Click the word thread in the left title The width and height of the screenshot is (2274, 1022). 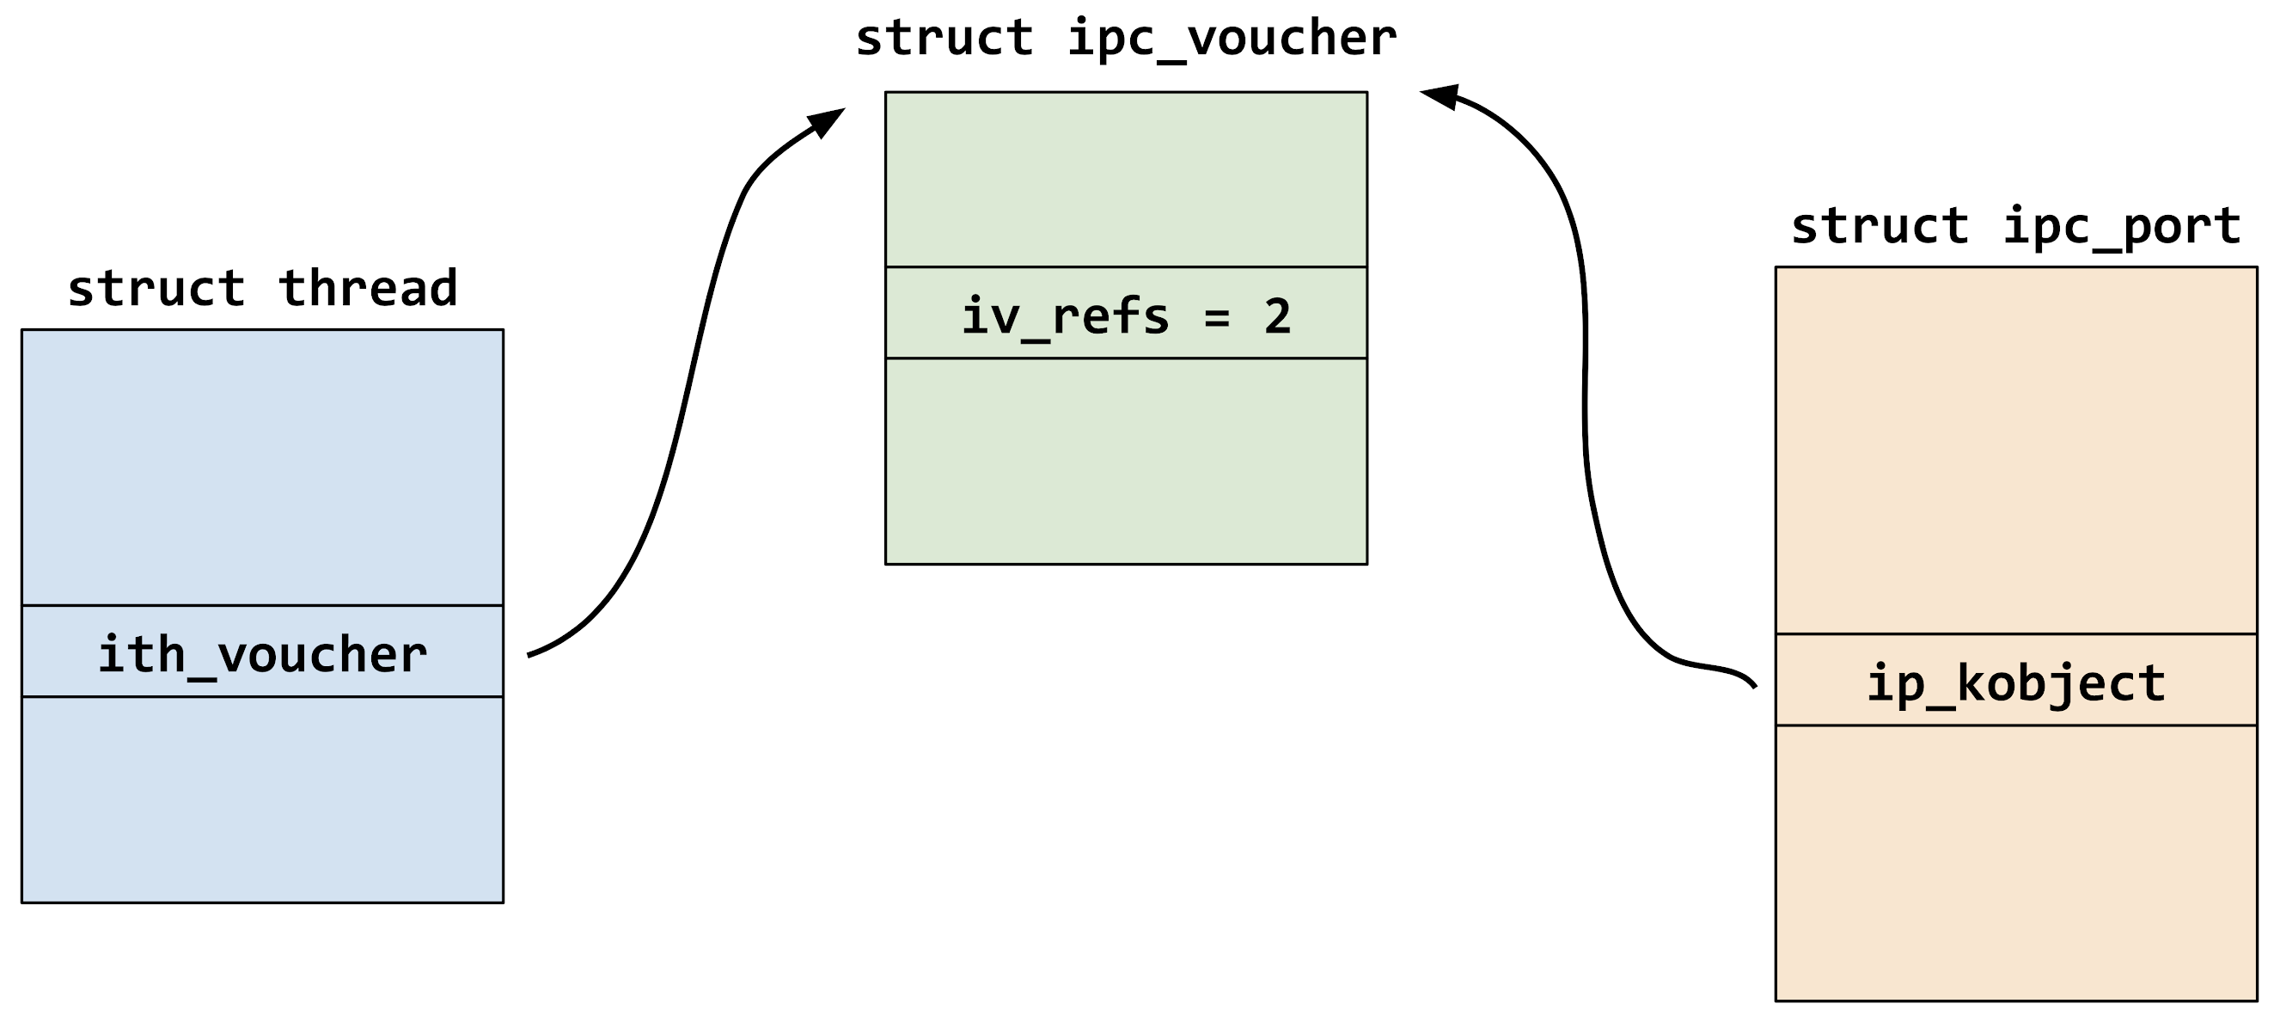(368, 289)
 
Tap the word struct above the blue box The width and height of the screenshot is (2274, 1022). (156, 289)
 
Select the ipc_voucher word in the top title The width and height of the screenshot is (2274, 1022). (1232, 39)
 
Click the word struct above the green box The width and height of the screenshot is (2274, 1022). (944, 39)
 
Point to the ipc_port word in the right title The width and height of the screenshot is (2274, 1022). (2122, 226)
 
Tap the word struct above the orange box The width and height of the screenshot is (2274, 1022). (1880, 226)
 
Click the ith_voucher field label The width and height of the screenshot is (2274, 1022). (262, 655)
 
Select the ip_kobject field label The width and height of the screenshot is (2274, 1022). (2015, 684)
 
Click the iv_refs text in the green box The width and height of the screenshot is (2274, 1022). (1066, 317)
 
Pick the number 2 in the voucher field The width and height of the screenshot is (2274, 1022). (1277, 317)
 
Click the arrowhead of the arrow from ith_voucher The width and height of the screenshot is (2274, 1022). (826, 121)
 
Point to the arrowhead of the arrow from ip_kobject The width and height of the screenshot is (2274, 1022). (1439, 95)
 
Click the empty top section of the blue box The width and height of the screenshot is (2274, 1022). (262, 468)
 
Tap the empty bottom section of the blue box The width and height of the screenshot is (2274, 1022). (262, 799)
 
